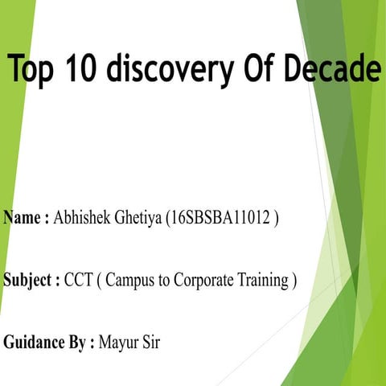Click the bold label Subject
click(29, 281)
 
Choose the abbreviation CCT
click(80, 281)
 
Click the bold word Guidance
click(35, 343)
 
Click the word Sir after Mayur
click(152, 343)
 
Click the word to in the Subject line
click(167, 281)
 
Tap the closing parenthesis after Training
click(295, 281)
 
